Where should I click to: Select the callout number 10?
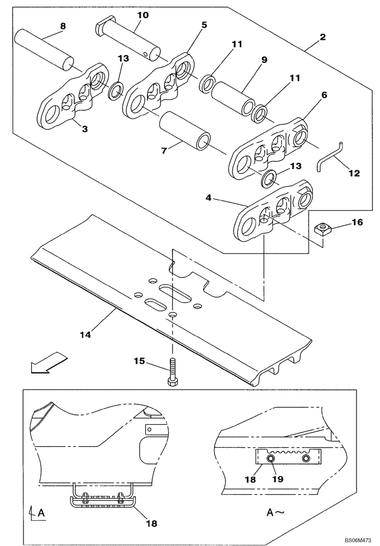[x=143, y=15]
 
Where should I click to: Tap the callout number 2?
[x=323, y=37]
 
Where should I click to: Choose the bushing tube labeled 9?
[x=233, y=97]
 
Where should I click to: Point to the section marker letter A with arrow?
[x=35, y=513]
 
